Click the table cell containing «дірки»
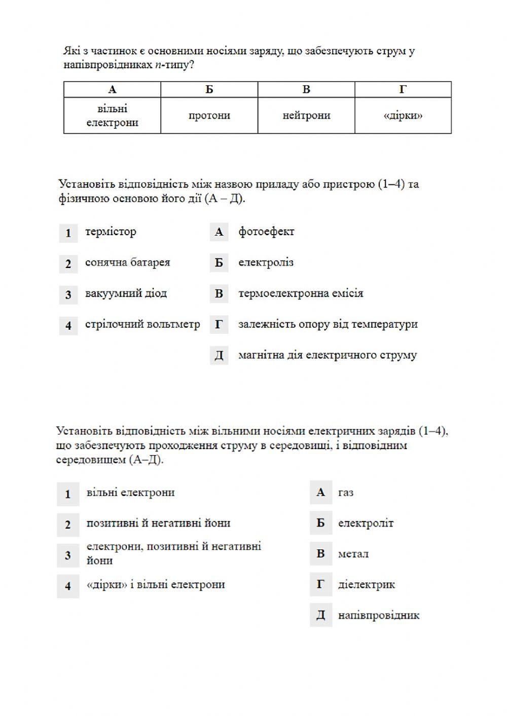point(403,116)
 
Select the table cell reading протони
point(209,116)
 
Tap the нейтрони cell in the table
point(306,116)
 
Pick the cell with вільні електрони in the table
point(112,116)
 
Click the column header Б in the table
point(209,90)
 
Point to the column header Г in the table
point(403,90)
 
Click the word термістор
point(111,232)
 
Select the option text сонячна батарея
point(127,262)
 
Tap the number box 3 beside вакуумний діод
point(68,294)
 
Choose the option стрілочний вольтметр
point(142,324)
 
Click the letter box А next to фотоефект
point(219,232)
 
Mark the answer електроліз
point(266,262)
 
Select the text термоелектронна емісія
point(301,293)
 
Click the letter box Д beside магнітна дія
point(219,355)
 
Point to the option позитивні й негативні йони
point(158,523)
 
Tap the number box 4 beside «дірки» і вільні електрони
point(68,586)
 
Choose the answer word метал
point(353,554)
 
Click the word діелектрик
point(366,585)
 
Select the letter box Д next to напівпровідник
point(320,615)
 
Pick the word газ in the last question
point(346,493)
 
